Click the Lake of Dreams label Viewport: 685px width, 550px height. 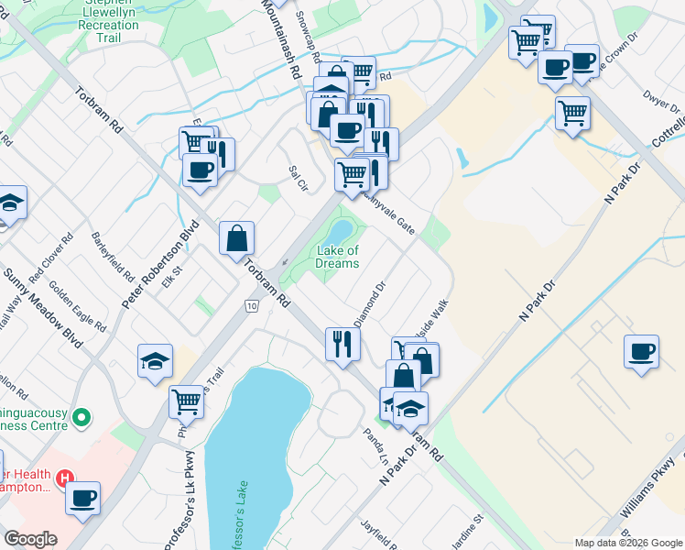pos(337,257)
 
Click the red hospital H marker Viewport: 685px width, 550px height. pos(64,478)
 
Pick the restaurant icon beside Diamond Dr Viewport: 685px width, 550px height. pos(342,344)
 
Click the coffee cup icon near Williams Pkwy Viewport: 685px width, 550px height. pos(641,351)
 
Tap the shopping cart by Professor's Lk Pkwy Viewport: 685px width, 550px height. pos(186,401)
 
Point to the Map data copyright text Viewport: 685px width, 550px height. pos(627,543)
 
